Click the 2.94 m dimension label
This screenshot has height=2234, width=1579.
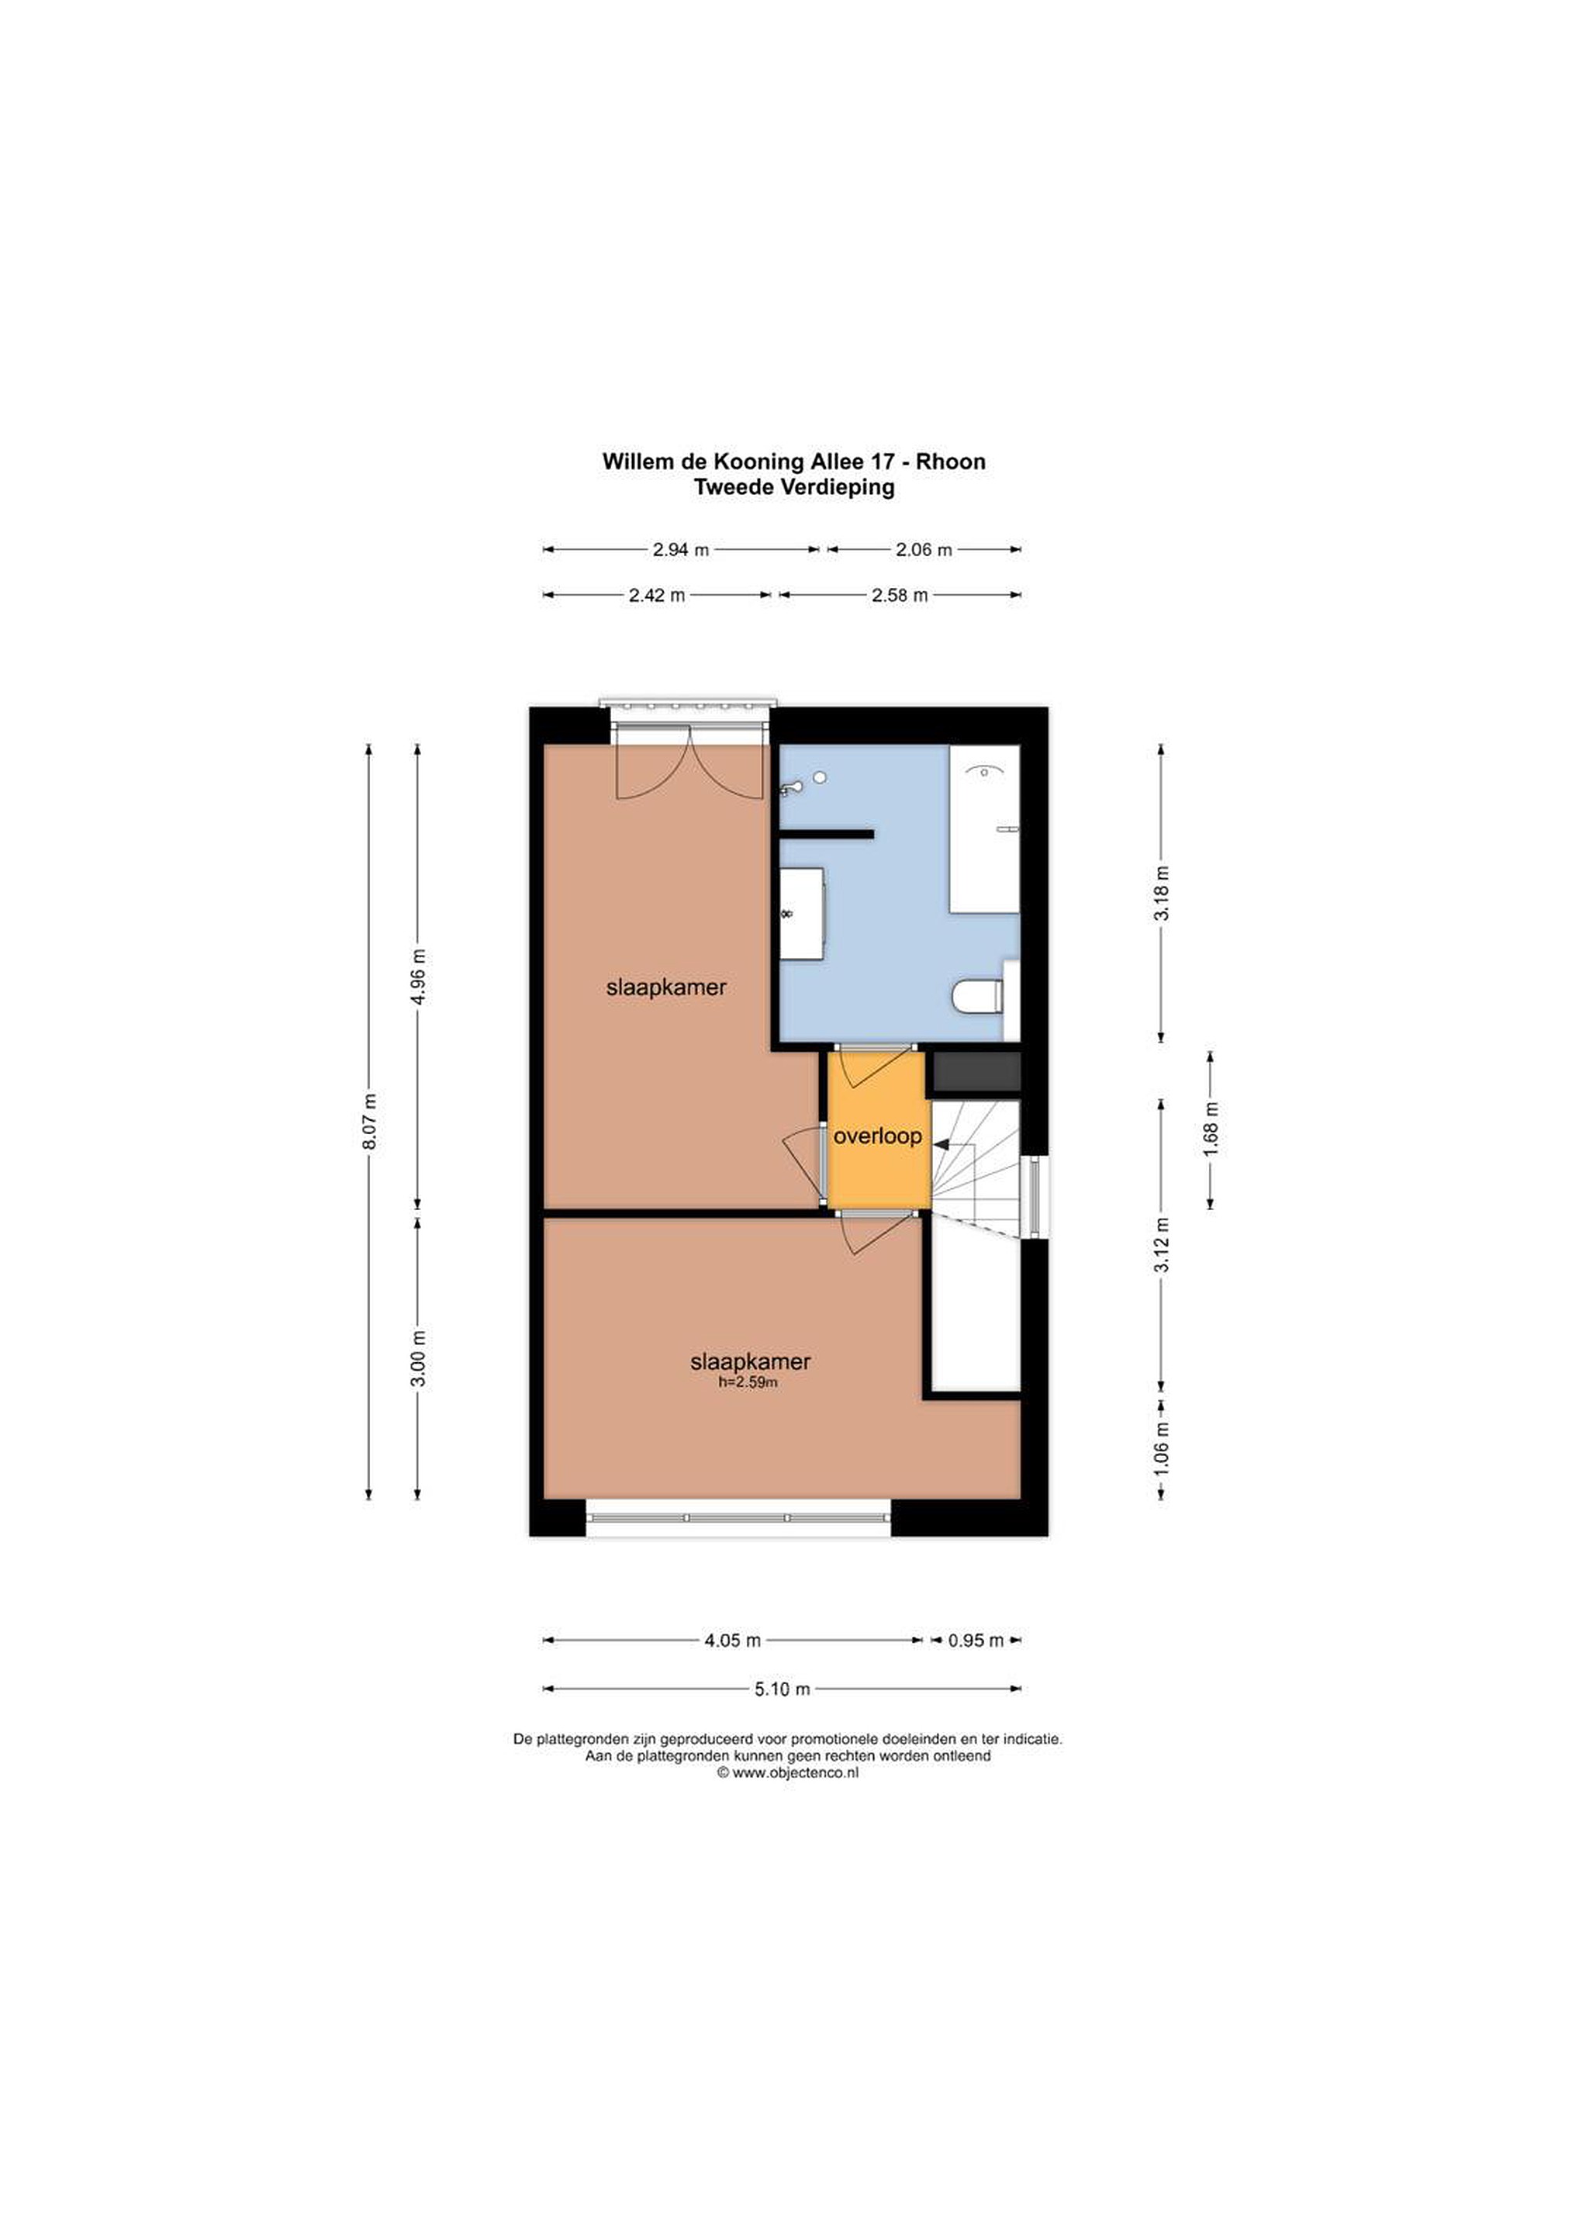pyautogui.click(x=681, y=550)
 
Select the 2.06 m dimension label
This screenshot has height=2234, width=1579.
pyautogui.click(x=923, y=550)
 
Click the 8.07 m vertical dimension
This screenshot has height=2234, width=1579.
pyautogui.click(x=368, y=1121)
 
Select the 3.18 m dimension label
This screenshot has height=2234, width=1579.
pyautogui.click(x=1162, y=892)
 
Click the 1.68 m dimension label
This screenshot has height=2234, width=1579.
pyautogui.click(x=1211, y=1131)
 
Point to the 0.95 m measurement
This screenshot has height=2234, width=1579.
pyautogui.click(x=976, y=1641)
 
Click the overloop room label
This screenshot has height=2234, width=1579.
pyautogui.click(x=878, y=1136)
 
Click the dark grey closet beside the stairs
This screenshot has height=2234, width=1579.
pyautogui.click(x=976, y=1071)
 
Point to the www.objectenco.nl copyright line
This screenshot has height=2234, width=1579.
pyautogui.click(x=788, y=1772)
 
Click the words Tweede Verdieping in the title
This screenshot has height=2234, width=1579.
pyautogui.click(x=794, y=487)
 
